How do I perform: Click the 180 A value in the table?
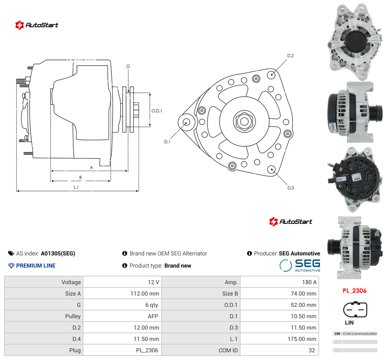coord(309,282)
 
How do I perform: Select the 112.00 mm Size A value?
coord(145,294)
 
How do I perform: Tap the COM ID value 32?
coord(311,350)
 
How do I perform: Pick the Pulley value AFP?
coord(153,316)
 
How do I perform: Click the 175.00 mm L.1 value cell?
coord(302,339)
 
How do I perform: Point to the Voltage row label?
coord(71,282)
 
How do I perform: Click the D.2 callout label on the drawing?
coord(290,56)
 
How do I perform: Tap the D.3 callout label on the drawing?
coord(291,188)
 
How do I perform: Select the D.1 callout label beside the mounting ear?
coord(167,141)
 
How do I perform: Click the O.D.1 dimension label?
coord(157,111)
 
